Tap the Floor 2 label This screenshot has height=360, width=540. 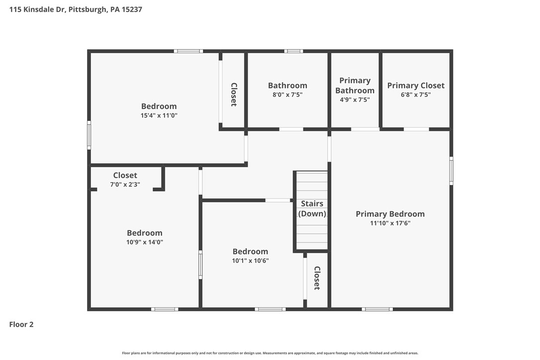click(21, 325)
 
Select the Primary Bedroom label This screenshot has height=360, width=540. click(390, 214)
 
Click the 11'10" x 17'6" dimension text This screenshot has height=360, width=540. click(390, 223)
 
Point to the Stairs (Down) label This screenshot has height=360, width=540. click(312, 208)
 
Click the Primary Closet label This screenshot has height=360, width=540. click(416, 86)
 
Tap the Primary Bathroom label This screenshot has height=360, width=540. click(355, 86)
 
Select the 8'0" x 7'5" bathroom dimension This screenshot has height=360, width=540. click(287, 94)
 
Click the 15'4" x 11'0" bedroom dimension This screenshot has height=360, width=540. click(159, 115)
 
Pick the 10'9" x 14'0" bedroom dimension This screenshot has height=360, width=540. click(144, 242)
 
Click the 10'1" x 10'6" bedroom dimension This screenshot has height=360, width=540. click(250, 261)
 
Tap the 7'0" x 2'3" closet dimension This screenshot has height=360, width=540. click(125, 184)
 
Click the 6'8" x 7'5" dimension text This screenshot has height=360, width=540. click(416, 94)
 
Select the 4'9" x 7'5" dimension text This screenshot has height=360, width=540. click(355, 99)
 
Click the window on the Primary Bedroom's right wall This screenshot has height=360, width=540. click(451, 171)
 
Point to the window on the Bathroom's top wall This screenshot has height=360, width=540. click(293, 51)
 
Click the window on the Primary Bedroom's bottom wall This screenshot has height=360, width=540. click(377, 309)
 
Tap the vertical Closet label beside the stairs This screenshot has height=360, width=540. click(317, 278)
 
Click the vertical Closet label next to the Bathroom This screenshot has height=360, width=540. click(233, 94)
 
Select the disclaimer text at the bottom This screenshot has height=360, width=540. click(270, 353)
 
